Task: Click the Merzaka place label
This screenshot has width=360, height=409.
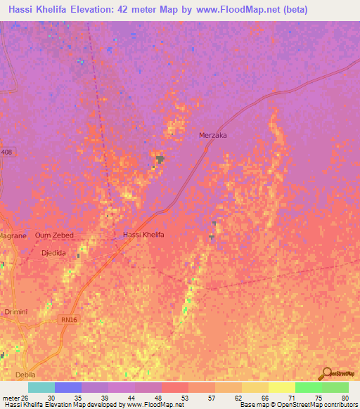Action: pos(214,135)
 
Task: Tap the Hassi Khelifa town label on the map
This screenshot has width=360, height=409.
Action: pos(143,235)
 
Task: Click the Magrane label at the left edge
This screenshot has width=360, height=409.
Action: pos(13,236)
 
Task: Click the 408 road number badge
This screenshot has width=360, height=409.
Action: pos(6,152)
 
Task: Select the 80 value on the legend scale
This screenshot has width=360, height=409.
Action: pos(345,397)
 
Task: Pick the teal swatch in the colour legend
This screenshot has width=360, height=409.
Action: pos(41,387)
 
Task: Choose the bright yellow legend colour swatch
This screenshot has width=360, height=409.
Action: pos(282,387)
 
